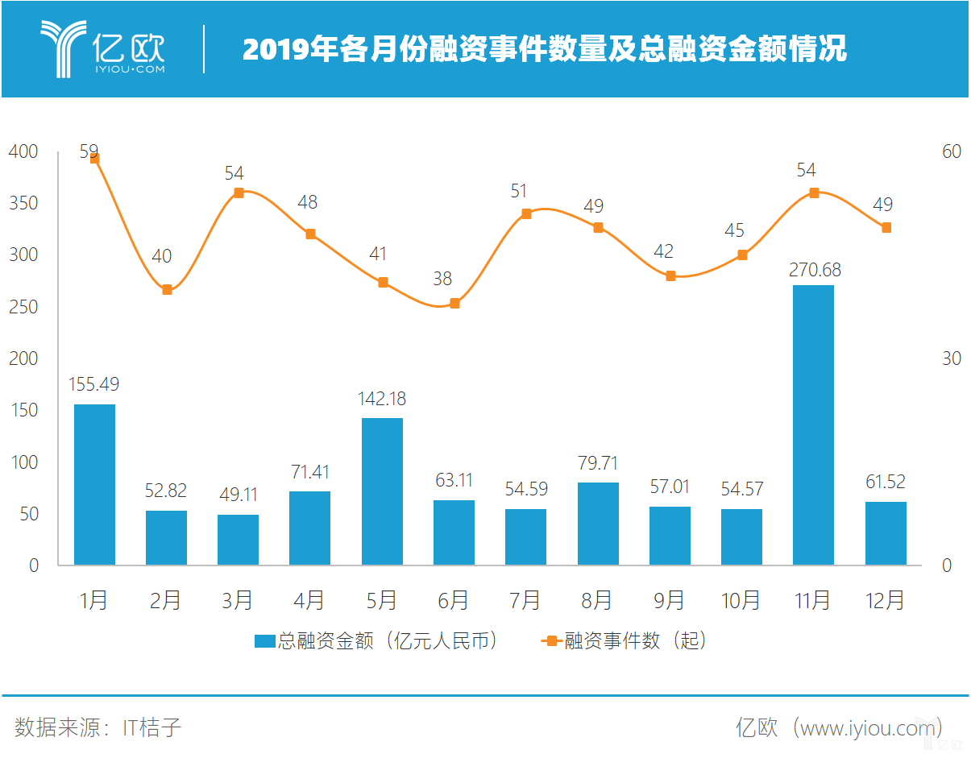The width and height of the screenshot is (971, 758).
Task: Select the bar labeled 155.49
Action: tap(94, 484)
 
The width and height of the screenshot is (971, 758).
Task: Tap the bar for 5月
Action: tap(382, 491)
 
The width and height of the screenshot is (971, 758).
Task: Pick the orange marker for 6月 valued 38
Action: tap(454, 304)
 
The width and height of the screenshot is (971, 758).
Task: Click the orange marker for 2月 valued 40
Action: tap(167, 289)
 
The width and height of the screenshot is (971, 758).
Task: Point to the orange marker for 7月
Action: tap(526, 214)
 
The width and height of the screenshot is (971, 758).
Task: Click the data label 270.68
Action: tap(814, 269)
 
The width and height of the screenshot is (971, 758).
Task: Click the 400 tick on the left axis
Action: tap(23, 151)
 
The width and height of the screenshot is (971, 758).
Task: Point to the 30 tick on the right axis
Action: tap(952, 358)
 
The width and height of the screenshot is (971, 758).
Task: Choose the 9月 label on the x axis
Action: tap(669, 601)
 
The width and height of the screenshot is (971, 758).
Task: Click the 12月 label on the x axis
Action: tap(885, 601)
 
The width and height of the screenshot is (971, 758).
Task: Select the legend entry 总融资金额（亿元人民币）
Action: tap(377, 641)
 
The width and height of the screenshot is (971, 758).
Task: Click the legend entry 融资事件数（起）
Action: tap(624, 641)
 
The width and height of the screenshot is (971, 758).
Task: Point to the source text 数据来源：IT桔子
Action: tap(98, 727)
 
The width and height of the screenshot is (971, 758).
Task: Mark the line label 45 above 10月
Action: tap(734, 231)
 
